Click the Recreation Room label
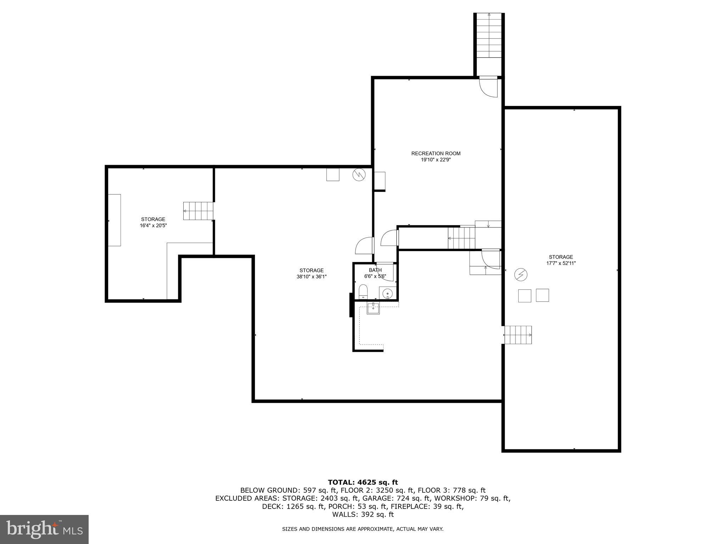(x=436, y=153)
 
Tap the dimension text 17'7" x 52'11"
(x=561, y=263)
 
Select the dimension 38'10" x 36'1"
(x=311, y=277)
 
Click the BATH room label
(x=375, y=270)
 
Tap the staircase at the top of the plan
(x=489, y=35)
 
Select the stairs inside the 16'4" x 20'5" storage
(x=198, y=211)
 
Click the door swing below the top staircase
(x=488, y=87)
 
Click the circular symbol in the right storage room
(x=521, y=274)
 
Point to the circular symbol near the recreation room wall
(x=359, y=175)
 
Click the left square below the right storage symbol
(x=524, y=295)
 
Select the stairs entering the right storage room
(x=518, y=335)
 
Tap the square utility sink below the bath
(x=373, y=308)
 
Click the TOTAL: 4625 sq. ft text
(x=363, y=482)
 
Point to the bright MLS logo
(x=44, y=529)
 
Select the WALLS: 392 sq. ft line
(x=363, y=514)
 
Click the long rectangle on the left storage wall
(x=115, y=220)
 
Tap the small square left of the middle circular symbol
(x=333, y=175)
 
